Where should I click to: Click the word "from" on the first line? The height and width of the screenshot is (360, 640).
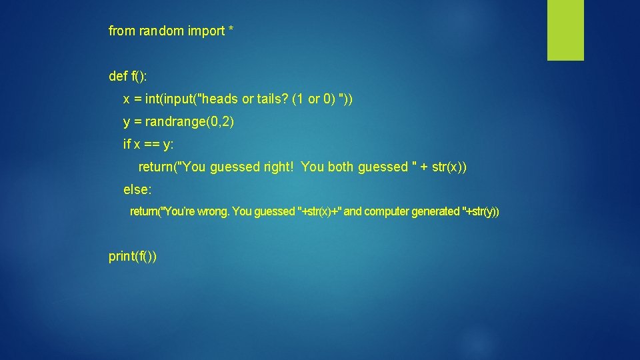pos(122,31)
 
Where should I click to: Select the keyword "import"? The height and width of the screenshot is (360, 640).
pos(205,31)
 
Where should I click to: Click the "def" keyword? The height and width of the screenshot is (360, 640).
pos(118,77)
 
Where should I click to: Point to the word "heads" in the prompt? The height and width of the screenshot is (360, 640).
pos(219,99)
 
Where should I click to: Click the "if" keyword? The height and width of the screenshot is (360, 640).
pos(127,145)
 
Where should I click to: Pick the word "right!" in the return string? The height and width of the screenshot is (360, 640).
pos(279,167)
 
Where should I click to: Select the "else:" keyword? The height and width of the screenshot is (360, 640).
pos(138,190)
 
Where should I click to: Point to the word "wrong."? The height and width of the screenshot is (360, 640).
pos(213,212)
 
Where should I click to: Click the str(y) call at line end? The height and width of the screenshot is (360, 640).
pos(483,212)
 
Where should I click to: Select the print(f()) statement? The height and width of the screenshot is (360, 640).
pos(133,257)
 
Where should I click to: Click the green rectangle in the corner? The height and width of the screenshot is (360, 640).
pos(565,30)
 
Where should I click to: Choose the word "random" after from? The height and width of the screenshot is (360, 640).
pos(159,31)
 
